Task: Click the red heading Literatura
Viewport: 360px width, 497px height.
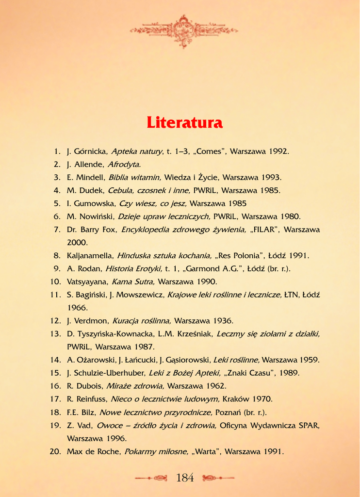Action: point(184,123)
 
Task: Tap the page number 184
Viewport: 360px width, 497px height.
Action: point(185,478)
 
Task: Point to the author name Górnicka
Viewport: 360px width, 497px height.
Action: point(91,151)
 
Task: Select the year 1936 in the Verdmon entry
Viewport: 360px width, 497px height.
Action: point(223,321)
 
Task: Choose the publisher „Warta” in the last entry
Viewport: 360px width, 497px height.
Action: point(206,452)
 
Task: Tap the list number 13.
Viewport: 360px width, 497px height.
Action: point(55,334)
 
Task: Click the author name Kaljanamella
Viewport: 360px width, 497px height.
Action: point(90,256)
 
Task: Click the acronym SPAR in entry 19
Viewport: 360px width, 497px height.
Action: point(310,426)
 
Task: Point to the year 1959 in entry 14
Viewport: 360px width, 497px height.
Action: point(309,360)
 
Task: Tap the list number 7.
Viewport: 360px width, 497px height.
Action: point(57,230)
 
